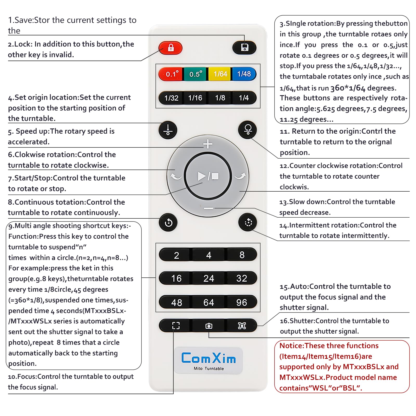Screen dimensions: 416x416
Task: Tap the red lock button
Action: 171,48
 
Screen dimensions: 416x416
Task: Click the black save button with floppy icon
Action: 244,48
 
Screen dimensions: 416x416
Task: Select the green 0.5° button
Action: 196,74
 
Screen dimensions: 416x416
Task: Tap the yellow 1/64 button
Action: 220,74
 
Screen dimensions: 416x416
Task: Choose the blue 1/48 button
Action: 244,74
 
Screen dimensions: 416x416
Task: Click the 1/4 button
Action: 244,98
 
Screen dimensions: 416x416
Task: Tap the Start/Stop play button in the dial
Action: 208,176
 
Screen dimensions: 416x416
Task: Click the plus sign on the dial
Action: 208,144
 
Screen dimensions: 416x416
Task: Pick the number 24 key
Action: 209,278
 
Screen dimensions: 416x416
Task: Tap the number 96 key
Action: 242,302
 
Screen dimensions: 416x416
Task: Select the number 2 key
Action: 176,255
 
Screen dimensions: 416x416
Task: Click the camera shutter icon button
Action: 209,326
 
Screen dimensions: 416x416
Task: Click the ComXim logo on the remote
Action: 209,358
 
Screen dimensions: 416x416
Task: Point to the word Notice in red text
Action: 291,346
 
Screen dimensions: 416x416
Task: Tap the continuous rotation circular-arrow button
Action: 168,223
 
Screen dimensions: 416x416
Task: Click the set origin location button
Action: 168,130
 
